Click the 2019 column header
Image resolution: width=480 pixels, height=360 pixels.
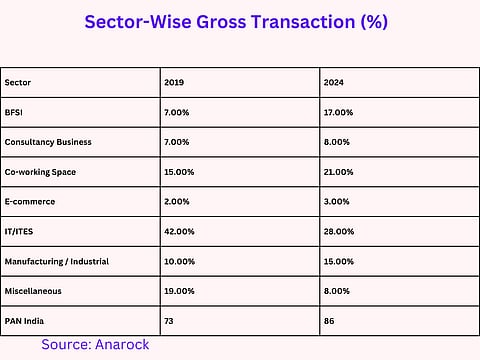(176, 83)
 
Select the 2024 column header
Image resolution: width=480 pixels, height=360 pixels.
(337, 83)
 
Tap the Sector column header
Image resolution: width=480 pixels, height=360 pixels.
(18, 83)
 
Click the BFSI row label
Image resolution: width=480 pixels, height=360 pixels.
(15, 112)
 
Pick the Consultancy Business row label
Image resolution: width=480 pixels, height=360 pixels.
(48, 142)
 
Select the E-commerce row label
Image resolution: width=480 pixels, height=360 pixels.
(29, 202)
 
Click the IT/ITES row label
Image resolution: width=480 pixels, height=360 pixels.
(22, 232)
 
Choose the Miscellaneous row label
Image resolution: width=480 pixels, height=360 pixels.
(33, 292)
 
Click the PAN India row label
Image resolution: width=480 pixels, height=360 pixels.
(24, 322)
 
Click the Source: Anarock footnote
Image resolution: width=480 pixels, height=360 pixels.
(96, 344)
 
